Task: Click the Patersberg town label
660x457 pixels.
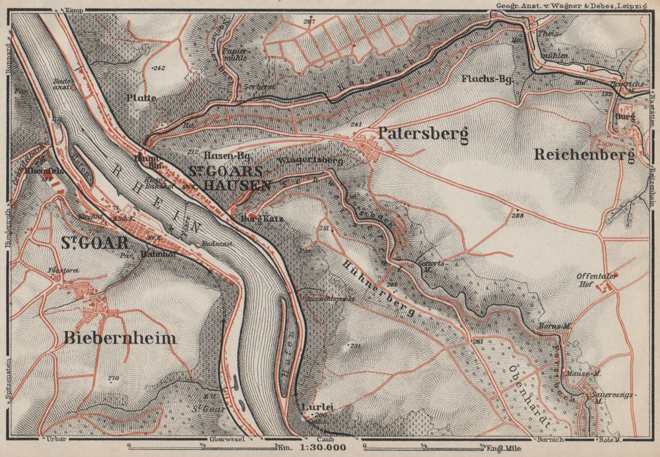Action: (x=423, y=134)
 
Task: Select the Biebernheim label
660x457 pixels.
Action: (x=120, y=338)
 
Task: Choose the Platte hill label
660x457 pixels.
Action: (x=142, y=98)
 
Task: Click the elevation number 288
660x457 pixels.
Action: (x=516, y=216)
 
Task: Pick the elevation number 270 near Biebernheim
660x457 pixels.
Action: (x=112, y=378)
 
